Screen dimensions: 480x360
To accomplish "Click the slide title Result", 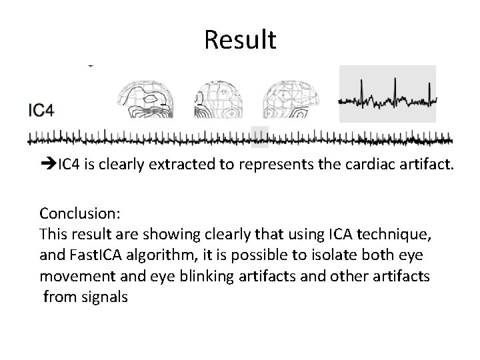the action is pyautogui.click(x=240, y=40).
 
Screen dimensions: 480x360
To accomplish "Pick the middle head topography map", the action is pyautogui.click(x=219, y=101).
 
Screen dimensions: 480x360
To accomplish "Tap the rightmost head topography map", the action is pyautogui.click(x=291, y=101).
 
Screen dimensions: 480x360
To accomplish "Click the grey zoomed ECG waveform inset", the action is pyautogui.click(x=387, y=94).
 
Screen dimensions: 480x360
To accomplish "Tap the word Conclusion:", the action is pyautogui.click(x=79, y=213).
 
